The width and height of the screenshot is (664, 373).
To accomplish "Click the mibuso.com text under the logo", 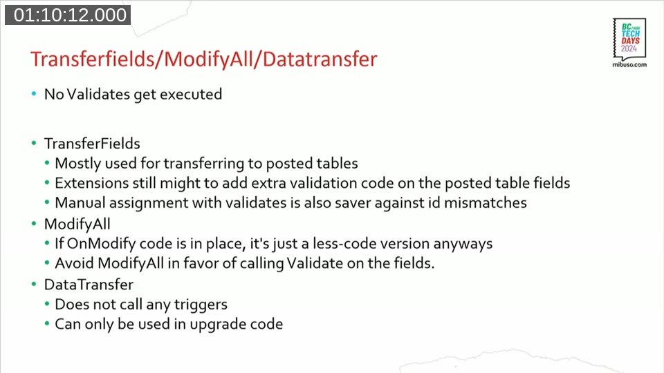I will [x=629, y=64].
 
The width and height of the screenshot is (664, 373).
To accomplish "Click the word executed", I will [x=191, y=94].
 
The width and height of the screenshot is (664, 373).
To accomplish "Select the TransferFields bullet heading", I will [x=92, y=144].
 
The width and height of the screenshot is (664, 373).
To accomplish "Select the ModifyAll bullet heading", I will [x=77, y=224].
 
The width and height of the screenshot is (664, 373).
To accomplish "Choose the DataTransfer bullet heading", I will [x=89, y=284].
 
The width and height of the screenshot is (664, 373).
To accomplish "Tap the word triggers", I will [x=201, y=304].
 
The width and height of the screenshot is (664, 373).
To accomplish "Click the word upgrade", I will [x=219, y=324].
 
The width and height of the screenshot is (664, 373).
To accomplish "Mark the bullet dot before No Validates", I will [x=34, y=94].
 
